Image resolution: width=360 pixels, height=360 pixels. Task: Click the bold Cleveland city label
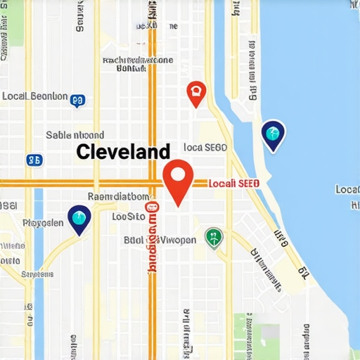pyautogui.click(x=122, y=151)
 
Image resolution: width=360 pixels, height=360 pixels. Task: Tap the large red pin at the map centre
pyautogui.click(x=178, y=180)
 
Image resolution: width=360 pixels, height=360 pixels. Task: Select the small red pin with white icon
pyautogui.click(x=196, y=93)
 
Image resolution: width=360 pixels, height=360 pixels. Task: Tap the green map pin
pyautogui.click(x=212, y=238)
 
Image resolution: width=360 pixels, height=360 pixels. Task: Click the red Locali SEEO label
pyautogui.click(x=235, y=183)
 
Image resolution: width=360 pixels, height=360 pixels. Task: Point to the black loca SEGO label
pyautogui.click(x=204, y=148)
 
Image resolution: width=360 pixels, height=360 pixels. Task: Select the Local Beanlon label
pyautogui.click(x=35, y=96)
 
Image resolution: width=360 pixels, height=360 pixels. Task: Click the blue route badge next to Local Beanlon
pyautogui.click(x=78, y=101)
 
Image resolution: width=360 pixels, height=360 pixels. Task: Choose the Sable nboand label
pyautogui.click(x=75, y=135)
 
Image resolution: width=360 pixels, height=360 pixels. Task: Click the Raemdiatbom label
pyautogui.click(x=118, y=197)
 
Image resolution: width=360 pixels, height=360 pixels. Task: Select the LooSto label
pyautogui.click(x=128, y=217)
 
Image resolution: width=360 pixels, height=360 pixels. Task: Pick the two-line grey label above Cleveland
pyautogui.click(x=137, y=65)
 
